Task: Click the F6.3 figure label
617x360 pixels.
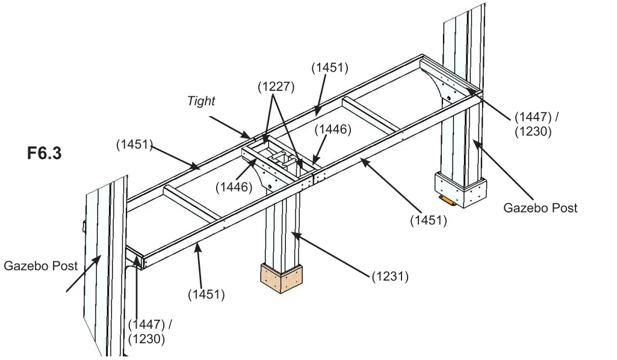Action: [44, 153]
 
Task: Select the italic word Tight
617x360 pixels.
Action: [201, 101]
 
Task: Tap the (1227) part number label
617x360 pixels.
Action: [276, 86]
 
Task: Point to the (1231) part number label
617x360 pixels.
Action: [390, 276]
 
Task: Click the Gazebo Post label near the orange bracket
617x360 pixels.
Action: [540, 208]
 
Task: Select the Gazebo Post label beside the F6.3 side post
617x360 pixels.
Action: [40, 265]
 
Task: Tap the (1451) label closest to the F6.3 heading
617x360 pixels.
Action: [134, 144]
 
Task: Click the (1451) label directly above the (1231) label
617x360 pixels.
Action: [428, 220]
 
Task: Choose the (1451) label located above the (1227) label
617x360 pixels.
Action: [329, 67]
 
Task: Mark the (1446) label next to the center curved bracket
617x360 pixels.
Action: [234, 187]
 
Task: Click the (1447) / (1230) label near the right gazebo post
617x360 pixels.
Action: [540, 124]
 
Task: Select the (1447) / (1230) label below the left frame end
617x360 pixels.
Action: [150, 332]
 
